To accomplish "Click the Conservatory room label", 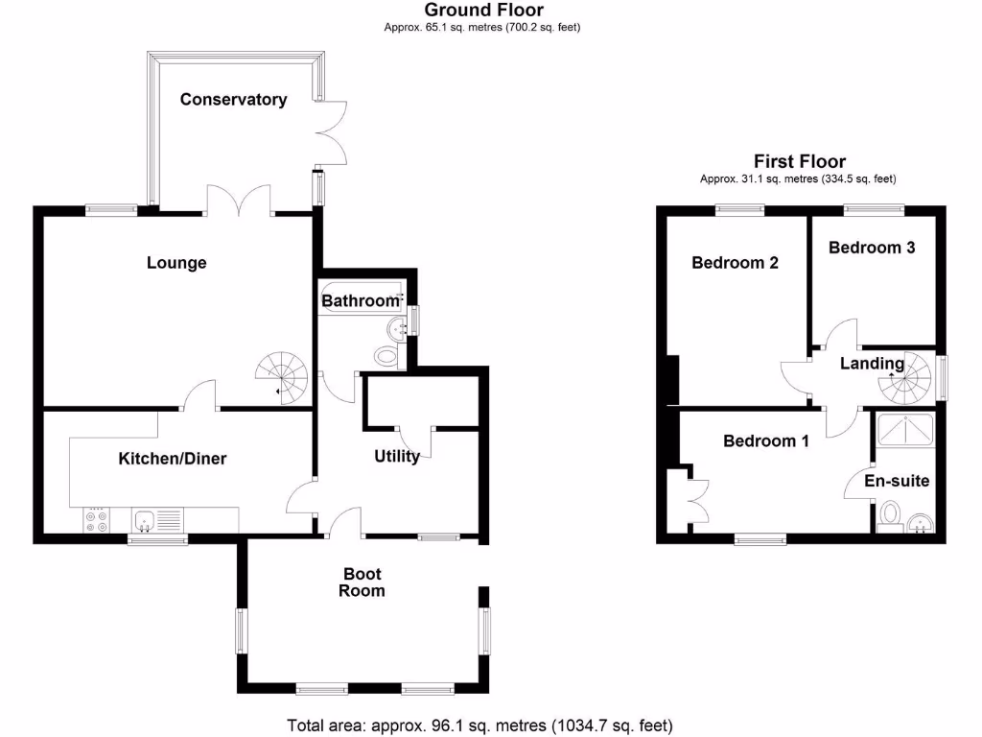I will [233, 100].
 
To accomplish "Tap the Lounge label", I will [176, 263].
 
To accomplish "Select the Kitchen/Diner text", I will [173, 459].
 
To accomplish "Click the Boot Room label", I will [363, 582].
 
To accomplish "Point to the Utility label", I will [396, 457].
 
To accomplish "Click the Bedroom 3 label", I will [872, 248].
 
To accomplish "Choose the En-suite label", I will [897, 481].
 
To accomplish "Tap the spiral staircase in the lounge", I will [284, 375].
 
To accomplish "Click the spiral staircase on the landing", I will [906, 377].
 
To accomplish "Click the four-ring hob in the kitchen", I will [97, 520].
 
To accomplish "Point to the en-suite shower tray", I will [905, 429].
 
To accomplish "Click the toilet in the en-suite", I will [888, 513].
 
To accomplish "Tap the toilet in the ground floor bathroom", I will [386, 355].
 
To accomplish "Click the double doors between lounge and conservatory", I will [239, 201].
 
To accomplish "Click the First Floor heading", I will [799, 161].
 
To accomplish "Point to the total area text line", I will [480, 725].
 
